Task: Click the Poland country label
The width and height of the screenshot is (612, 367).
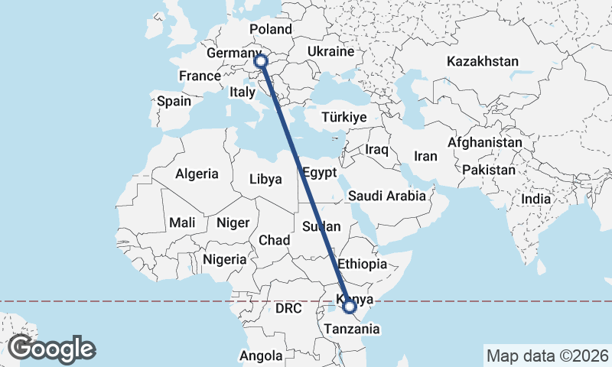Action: pos(271,29)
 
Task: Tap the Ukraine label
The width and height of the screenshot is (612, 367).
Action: pos(330,52)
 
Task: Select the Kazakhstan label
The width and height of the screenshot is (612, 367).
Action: pos(483,61)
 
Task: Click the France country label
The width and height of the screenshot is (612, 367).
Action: pos(200,76)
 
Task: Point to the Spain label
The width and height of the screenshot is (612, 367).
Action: pos(174,101)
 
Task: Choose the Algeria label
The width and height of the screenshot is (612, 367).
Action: pos(197,174)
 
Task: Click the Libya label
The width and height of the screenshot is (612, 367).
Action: pos(265,180)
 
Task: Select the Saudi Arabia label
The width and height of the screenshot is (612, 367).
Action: pos(386,196)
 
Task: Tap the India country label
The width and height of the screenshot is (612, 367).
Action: pos(535,199)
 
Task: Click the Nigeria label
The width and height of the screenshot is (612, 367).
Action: pos(224,259)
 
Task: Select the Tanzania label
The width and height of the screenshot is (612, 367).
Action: pos(351,329)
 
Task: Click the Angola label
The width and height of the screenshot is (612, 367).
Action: pos(261,356)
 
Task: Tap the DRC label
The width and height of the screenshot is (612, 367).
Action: pos(289,309)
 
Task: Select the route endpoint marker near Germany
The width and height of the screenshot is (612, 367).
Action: pos(261,60)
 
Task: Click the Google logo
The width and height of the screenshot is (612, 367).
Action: pos(51,348)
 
